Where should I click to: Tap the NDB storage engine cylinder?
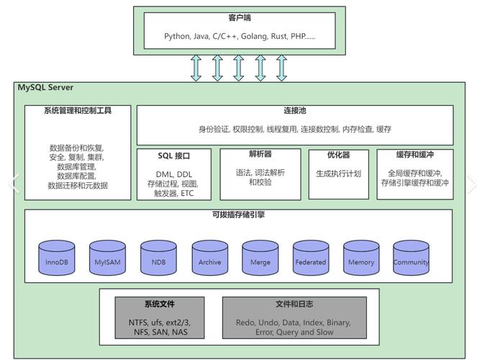coord(159,260)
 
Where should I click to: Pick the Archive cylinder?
coord(209,260)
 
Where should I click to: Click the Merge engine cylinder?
coord(260,260)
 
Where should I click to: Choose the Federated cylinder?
coord(310,260)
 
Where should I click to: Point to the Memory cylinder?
coord(360,260)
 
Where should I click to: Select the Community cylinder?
coord(411,260)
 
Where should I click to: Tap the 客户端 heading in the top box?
coord(238,17)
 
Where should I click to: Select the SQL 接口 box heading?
coord(174,156)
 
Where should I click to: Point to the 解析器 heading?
coord(260,154)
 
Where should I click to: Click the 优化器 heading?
coord(338,155)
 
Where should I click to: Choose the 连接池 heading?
coord(295,112)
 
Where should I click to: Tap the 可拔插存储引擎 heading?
coord(238,215)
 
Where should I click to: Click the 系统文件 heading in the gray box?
coord(159,304)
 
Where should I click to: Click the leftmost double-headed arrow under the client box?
coord(196,67)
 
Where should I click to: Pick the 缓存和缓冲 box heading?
coord(415,155)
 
